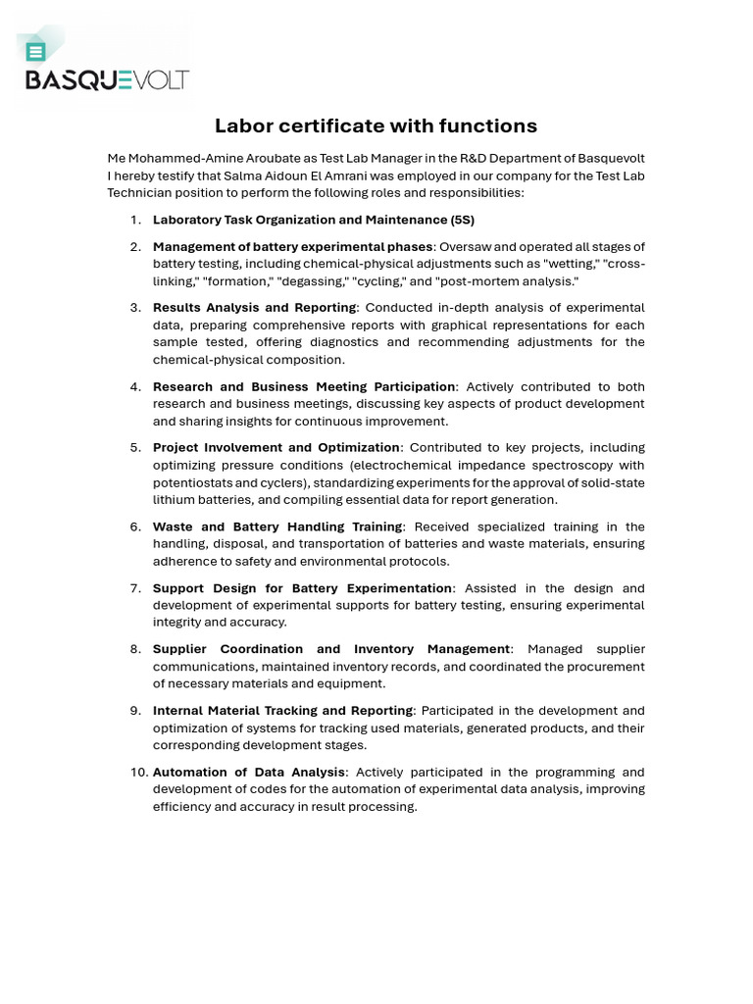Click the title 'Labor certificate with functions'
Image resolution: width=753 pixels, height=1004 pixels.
click(376, 125)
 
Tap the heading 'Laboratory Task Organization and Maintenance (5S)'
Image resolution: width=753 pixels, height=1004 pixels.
click(313, 220)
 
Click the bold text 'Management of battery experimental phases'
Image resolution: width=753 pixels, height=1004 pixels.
click(292, 246)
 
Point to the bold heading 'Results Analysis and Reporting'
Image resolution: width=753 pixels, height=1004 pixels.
click(255, 308)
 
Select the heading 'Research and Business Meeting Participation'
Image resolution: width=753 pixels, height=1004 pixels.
click(304, 386)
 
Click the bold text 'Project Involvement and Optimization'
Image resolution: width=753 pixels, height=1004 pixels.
click(276, 448)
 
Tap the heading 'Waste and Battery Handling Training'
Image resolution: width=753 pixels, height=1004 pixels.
click(277, 527)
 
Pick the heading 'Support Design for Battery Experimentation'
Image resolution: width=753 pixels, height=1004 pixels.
click(302, 588)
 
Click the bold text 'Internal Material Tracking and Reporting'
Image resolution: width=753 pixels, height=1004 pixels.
click(282, 711)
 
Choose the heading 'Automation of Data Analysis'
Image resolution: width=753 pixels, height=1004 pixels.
click(249, 773)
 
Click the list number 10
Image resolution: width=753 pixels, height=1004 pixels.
click(138, 773)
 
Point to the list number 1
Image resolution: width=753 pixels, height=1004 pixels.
click(135, 220)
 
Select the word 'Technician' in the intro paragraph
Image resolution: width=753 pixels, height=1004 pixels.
click(139, 193)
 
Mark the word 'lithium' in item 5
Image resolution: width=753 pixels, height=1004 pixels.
click(174, 500)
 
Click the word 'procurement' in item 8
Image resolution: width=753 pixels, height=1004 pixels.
click(607, 667)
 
